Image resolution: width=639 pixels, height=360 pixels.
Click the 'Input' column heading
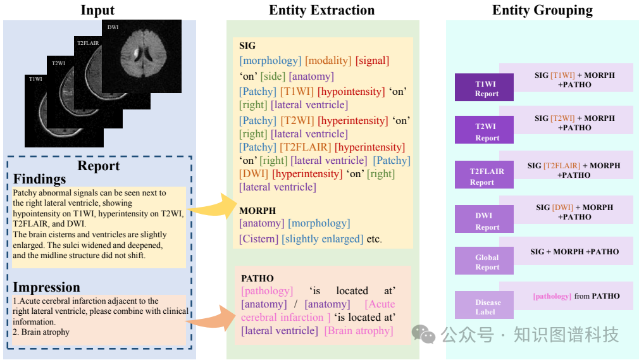pyautogui.click(x=97, y=10)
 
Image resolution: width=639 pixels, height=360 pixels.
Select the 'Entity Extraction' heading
pyautogui.click(x=321, y=10)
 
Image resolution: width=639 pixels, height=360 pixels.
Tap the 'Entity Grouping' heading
pyautogui.click(x=542, y=10)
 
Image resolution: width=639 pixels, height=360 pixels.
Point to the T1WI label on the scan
pyautogui.click(x=36, y=80)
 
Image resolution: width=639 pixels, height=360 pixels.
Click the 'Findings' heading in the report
pyautogui.click(x=40, y=179)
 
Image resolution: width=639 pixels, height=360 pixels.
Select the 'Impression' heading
pyautogui.click(x=47, y=287)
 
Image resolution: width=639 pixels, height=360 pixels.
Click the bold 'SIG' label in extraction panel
pyautogui.click(x=247, y=46)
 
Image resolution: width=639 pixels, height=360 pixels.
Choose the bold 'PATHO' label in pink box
pyautogui.click(x=257, y=278)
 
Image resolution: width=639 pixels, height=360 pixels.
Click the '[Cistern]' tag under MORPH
pyautogui.click(x=259, y=239)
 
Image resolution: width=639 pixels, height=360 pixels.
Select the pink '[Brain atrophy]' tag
pyautogui.click(x=359, y=331)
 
